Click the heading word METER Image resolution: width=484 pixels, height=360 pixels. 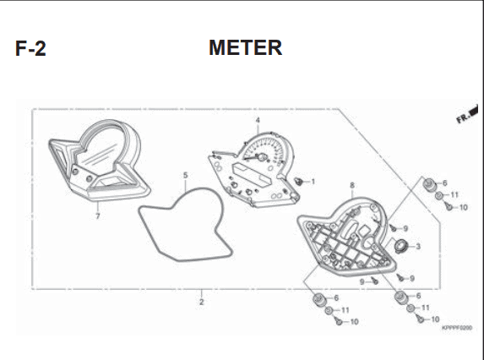tap(246, 47)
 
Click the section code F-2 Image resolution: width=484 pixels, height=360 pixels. tap(30, 48)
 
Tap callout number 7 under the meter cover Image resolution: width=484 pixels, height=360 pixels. tap(98, 216)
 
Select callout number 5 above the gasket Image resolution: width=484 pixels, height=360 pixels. tap(185, 176)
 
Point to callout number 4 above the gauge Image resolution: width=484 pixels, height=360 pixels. tap(258, 120)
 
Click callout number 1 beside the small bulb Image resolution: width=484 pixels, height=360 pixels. tap(313, 182)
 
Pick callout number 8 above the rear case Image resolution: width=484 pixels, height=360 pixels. tap(352, 185)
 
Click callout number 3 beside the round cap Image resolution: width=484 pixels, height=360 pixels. tap(418, 247)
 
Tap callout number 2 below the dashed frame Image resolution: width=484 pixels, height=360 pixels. tap(201, 302)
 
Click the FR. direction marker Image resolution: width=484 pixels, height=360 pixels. tap(467, 114)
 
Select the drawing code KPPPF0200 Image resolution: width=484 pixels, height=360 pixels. tap(457, 328)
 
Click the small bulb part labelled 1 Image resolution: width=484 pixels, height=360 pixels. tap(298, 182)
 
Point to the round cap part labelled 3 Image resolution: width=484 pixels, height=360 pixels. tap(401, 246)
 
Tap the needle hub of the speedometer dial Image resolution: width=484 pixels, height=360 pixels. tap(262, 157)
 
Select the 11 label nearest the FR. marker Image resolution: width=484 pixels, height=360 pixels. tap(454, 195)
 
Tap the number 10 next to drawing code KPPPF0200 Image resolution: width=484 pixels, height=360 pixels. tap(435, 319)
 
